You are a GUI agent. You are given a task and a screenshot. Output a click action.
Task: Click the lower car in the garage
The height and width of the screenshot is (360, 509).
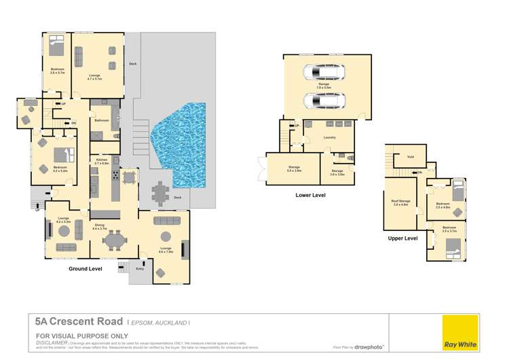click(323, 101)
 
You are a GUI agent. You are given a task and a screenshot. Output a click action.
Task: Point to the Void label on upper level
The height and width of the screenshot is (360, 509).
click(410, 156)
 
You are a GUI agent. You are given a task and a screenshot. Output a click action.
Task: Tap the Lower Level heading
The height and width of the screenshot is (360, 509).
click(310, 195)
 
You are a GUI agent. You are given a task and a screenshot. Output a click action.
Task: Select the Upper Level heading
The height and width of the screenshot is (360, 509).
click(403, 238)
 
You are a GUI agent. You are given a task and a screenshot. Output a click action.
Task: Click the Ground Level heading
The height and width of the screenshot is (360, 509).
click(86, 268)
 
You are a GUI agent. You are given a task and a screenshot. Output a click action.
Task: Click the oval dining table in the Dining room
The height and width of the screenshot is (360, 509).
click(116, 240)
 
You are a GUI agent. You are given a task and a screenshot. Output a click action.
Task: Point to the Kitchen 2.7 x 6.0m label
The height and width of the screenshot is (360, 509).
click(101, 162)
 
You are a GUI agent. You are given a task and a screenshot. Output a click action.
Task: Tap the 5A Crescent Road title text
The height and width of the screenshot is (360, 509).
click(78, 321)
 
